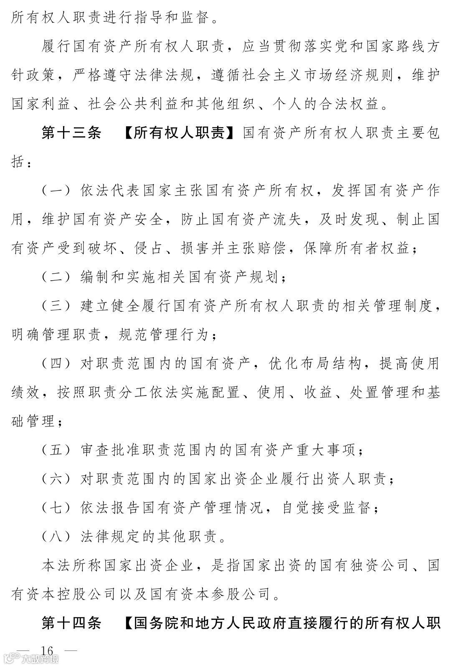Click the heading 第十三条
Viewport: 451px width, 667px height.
tap(71, 133)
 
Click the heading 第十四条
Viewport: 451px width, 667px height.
tap(71, 623)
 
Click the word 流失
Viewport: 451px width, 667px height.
tap(289, 219)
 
